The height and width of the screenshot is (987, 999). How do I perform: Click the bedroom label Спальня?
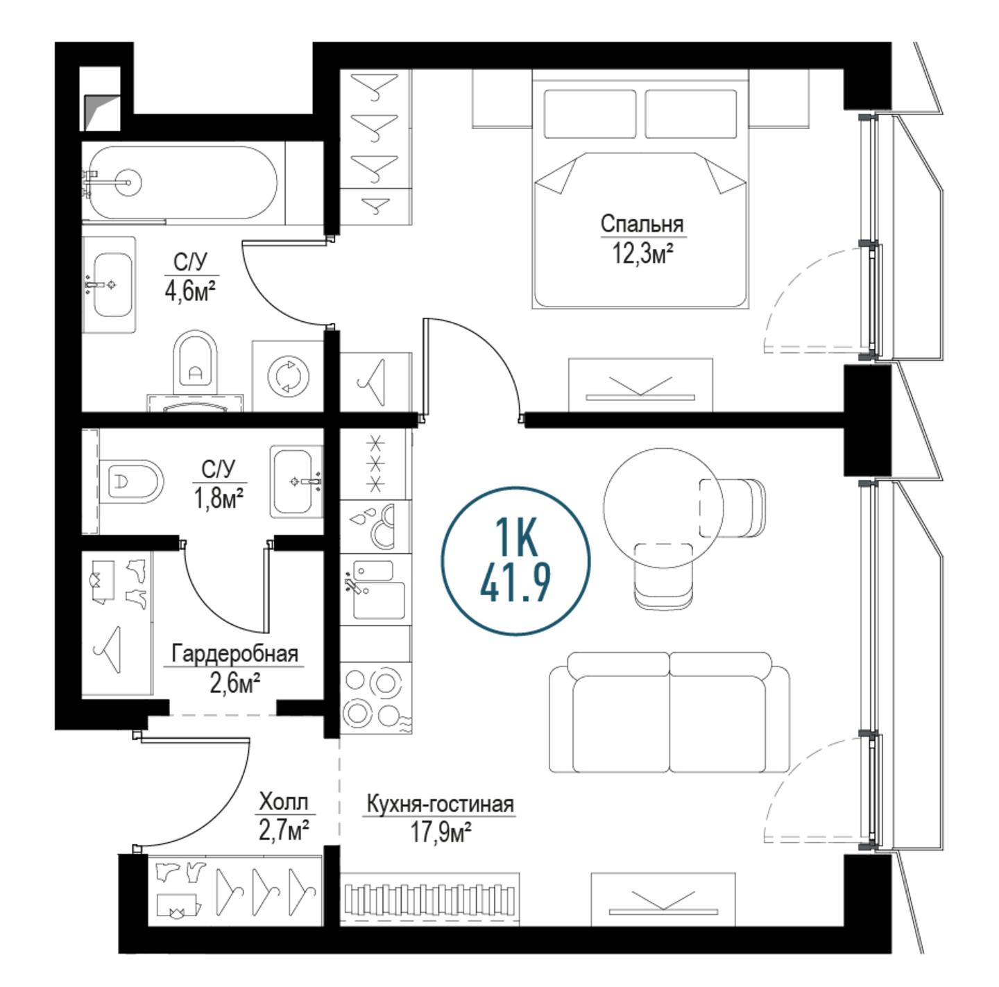click(x=642, y=225)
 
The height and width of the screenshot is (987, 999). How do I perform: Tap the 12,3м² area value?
click(x=643, y=253)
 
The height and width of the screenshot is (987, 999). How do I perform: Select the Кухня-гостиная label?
click(x=440, y=805)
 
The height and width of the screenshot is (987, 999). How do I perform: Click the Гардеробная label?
click(x=235, y=654)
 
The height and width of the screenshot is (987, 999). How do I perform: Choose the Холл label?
click(x=284, y=803)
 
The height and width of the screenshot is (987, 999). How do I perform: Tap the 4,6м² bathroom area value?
click(x=190, y=292)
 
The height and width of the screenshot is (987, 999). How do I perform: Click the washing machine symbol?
click(x=288, y=375)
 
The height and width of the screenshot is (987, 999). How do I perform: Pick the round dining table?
click(x=663, y=508)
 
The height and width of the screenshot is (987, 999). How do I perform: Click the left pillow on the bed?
click(x=590, y=114)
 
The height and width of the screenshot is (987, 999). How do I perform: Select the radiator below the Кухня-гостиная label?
click(x=429, y=900)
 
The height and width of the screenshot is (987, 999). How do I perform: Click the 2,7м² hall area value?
click(x=284, y=832)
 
